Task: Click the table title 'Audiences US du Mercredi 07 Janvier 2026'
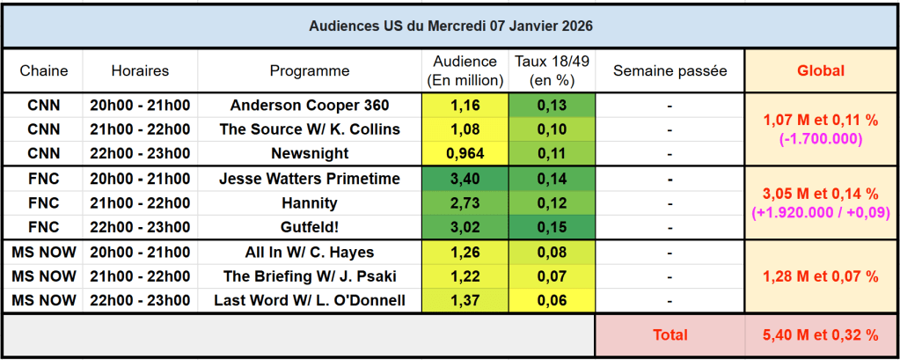click(450, 26)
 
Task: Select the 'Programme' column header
click(309, 71)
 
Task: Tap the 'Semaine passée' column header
click(670, 71)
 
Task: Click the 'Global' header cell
click(820, 71)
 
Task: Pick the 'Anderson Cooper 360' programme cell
click(309, 106)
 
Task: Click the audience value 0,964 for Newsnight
click(465, 153)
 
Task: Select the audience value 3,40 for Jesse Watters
click(465, 180)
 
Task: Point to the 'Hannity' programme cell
click(309, 203)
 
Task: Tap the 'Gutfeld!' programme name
click(309, 227)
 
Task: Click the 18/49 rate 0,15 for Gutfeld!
click(551, 227)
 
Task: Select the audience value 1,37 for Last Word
click(465, 301)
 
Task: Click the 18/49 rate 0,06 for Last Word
click(551, 301)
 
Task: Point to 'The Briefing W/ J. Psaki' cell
click(309, 277)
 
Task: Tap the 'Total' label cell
click(670, 335)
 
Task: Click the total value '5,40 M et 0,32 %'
click(820, 335)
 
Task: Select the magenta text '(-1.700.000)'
click(820, 138)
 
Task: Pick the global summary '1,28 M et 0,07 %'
click(820, 277)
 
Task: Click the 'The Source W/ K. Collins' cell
click(309, 129)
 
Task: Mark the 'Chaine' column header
click(43, 71)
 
